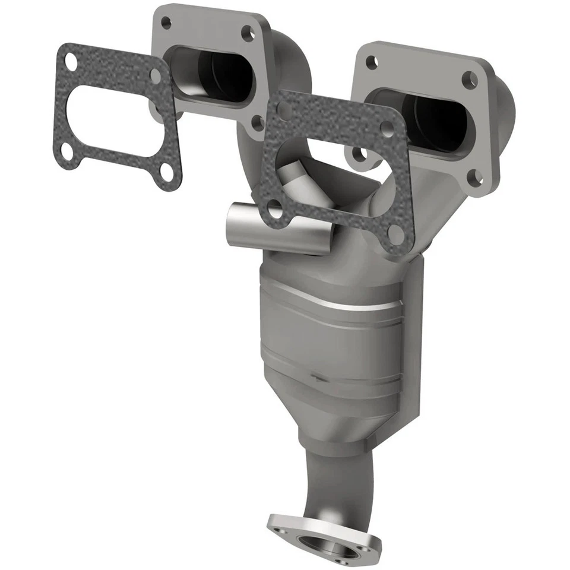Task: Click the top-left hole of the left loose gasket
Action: [x=71, y=61]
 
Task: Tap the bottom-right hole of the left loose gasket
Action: [x=167, y=173]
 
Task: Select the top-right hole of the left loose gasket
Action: [x=156, y=76]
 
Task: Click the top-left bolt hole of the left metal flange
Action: [x=166, y=23]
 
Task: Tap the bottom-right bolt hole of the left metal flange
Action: [x=257, y=122]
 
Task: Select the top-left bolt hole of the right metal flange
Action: [x=372, y=62]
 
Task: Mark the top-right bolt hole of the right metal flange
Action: [x=469, y=79]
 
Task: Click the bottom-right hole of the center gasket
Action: [x=395, y=233]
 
